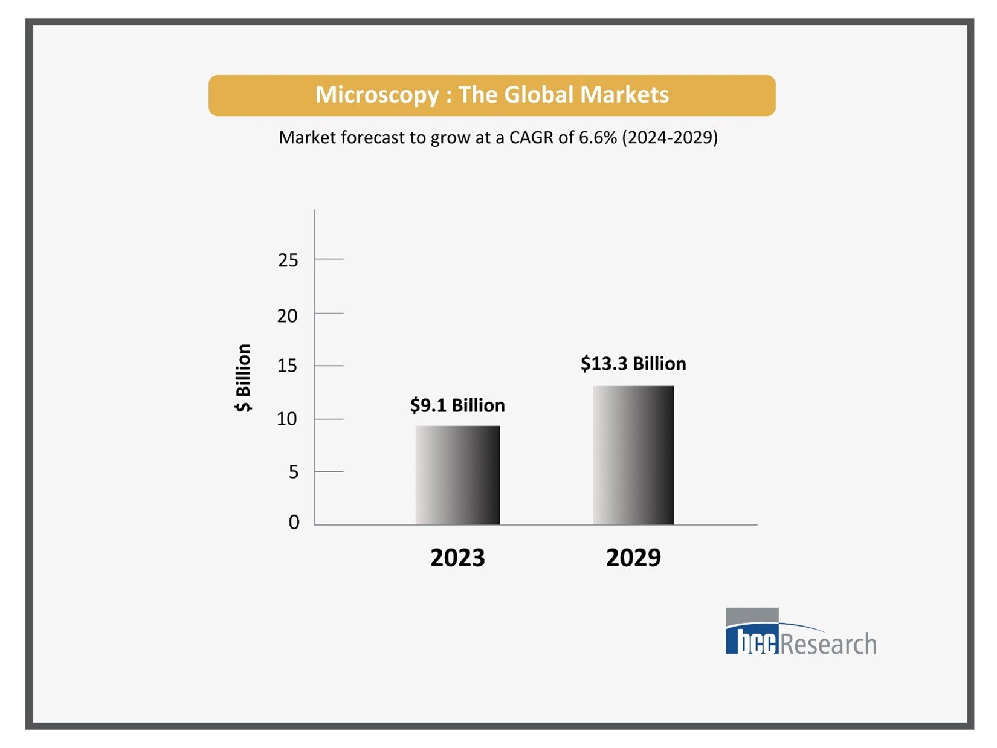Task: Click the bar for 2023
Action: (457, 475)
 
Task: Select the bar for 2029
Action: (633, 455)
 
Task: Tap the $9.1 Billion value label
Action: (457, 405)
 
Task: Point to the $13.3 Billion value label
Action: (633, 363)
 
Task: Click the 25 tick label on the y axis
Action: (288, 260)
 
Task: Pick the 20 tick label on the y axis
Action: (288, 315)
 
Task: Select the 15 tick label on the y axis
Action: (288, 366)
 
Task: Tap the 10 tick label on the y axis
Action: (287, 419)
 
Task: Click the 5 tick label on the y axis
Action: (294, 471)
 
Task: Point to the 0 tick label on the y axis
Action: (294, 522)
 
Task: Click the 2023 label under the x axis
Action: (457, 557)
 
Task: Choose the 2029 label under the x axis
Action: (633, 557)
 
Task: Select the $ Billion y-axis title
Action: (243, 378)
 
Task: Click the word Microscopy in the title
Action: (377, 95)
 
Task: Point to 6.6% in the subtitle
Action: (598, 137)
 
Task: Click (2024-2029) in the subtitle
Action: (670, 137)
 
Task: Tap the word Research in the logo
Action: (828, 643)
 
